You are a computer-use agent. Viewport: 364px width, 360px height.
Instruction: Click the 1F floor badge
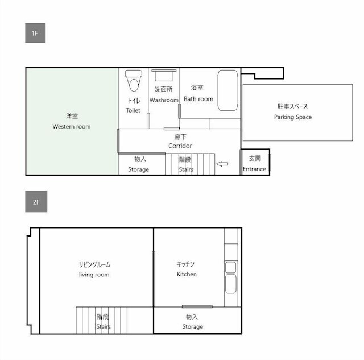click(35, 34)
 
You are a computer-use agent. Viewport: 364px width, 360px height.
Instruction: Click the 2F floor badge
click(35, 202)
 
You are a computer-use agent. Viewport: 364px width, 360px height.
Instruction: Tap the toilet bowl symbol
click(134, 81)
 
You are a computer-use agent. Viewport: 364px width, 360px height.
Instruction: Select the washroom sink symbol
click(164, 75)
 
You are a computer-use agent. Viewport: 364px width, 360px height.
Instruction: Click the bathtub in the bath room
click(228, 90)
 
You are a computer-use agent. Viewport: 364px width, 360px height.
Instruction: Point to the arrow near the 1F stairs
click(222, 164)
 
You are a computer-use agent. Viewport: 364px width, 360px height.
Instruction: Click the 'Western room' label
click(71, 126)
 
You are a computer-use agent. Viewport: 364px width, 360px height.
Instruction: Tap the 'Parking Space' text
click(292, 117)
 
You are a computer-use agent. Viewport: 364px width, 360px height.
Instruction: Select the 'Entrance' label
click(254, 169)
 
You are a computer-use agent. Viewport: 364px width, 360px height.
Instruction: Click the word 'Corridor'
click(180, 146)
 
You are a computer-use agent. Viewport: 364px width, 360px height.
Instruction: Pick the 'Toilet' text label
click(133, 110)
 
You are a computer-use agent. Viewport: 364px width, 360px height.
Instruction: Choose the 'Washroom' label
click(164, 100)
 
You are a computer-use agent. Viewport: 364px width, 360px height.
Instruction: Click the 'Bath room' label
click(198, 99)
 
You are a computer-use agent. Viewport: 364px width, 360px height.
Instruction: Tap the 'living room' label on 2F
click(94, 275)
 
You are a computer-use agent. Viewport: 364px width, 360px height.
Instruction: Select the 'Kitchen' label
click(187, 274)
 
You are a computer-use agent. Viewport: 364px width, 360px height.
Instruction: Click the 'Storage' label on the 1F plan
click(138, 169)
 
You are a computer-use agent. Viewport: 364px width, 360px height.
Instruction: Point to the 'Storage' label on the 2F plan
click(192, 327)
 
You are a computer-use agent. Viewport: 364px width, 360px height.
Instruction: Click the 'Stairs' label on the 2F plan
click(103, 327)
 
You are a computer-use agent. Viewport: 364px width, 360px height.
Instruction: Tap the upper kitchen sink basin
click(231, 267)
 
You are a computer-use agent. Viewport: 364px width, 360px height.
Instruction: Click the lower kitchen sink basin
click(231, 284)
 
